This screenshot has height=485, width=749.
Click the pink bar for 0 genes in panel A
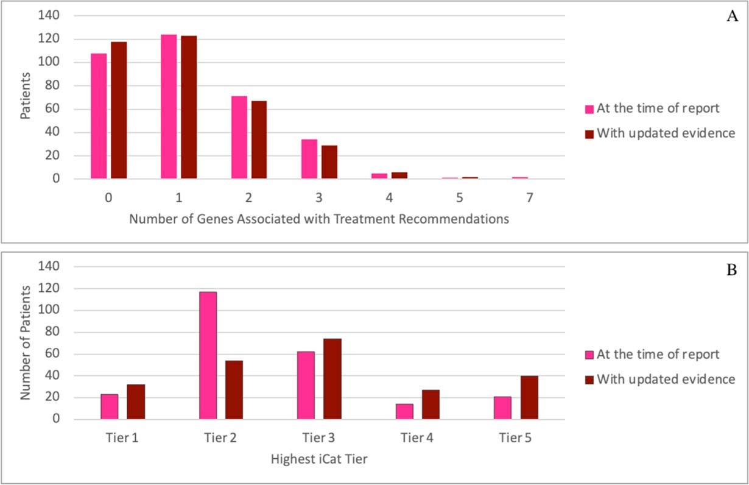coord(99,116)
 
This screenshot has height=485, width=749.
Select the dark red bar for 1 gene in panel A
coord(189,107)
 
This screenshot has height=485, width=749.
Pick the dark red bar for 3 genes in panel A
coord(329,159)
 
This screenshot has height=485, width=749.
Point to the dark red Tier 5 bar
coord(529,398)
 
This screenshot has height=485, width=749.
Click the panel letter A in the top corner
coord(732,16)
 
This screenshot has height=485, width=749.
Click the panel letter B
coord(732,270)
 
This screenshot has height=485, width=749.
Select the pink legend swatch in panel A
coord(589,110)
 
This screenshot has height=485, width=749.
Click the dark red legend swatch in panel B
coord(589,380)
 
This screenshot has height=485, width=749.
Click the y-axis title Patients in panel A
coord(26,96)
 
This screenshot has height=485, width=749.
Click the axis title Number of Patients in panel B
coord(25,344)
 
